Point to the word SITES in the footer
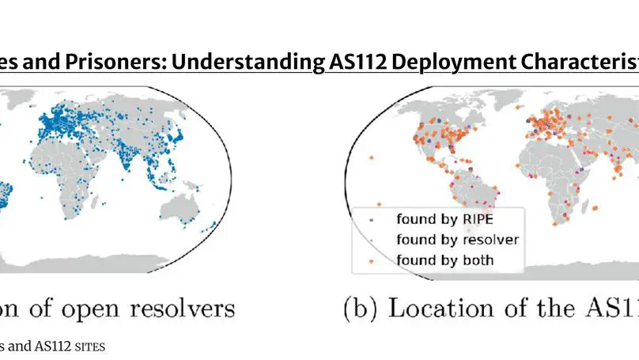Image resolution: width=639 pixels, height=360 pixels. pyautogui.click(x=89, y=346)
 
